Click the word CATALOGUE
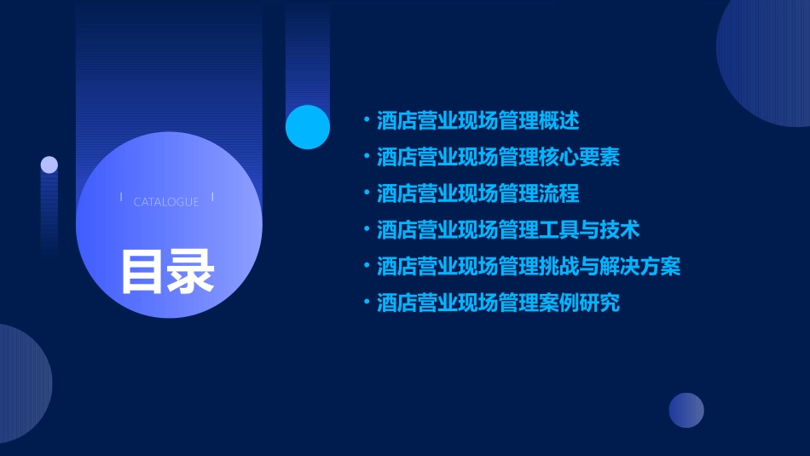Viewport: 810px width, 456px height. point(166,202)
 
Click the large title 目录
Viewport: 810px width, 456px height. point(167,271)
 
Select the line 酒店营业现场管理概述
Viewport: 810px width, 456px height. point(477,121)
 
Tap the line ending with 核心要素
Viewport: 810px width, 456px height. point(498,158)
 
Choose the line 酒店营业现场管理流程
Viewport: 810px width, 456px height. point(477,193)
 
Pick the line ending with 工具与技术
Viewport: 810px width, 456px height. point(508,230)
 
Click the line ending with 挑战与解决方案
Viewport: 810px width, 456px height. point(529,267)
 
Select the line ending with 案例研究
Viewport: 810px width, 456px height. point(498,303)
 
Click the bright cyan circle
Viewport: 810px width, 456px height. point(308,127)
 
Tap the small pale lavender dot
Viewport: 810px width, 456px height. point(49,165)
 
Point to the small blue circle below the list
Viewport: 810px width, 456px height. point(686,410)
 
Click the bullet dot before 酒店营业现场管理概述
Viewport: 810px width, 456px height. point(367,121)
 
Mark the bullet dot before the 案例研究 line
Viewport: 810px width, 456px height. point(367,303)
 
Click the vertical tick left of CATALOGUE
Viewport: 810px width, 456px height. point(121,197)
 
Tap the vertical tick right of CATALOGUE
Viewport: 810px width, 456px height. point(212,197)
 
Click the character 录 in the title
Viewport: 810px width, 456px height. point(191,271)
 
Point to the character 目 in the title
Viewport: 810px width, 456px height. point(142,271)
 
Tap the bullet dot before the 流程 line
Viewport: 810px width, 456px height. point(367,193)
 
